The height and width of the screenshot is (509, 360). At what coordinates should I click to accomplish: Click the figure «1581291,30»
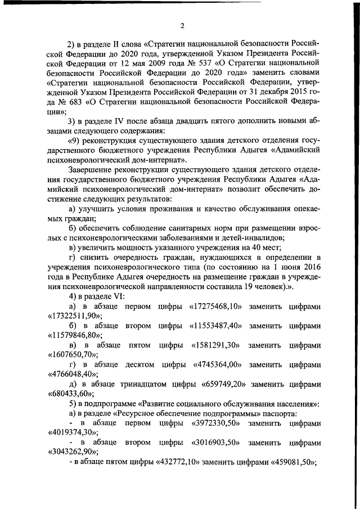(x=217, y=345)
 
